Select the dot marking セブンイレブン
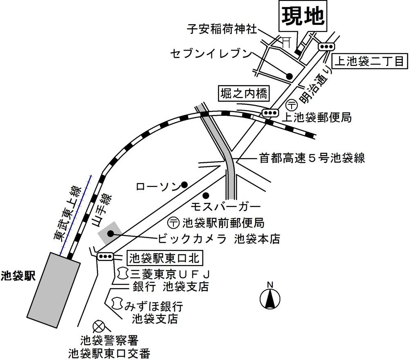click(x=289, y=76)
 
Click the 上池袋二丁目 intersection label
click(x=370, y=61)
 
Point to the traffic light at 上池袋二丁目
click(x=326, y=47)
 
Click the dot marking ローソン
click(x=184, y=184)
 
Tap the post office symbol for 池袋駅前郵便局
click(x=173, y=223)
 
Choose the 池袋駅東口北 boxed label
click(x=165, y=258)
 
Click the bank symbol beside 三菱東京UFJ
click(x=121, y=272)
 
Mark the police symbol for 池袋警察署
click(x=99, y=326)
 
